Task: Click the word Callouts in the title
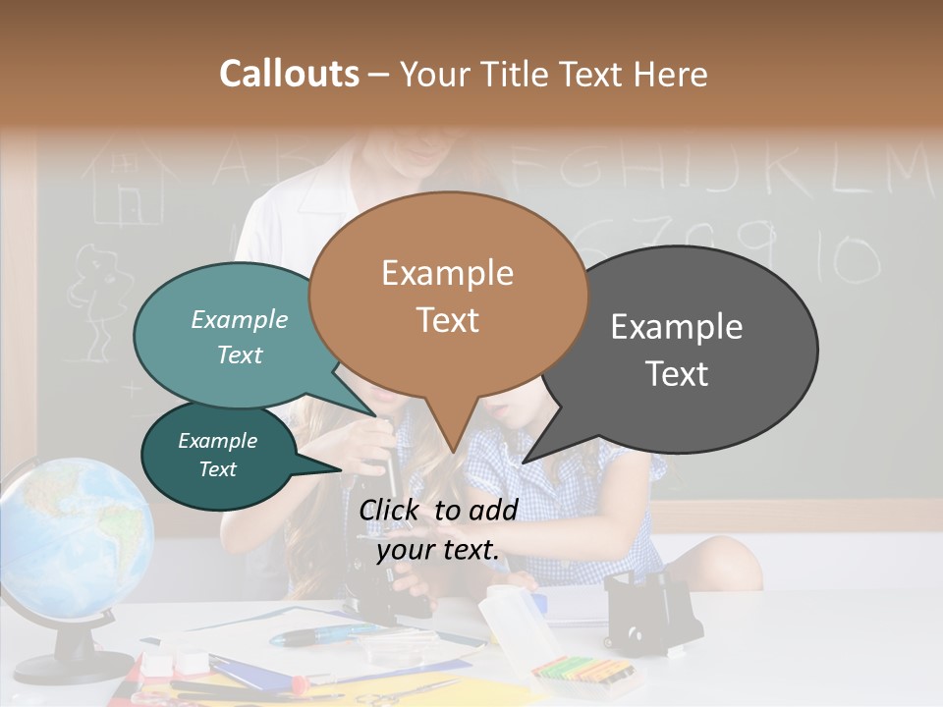pyautogui.click(x=289, y=74)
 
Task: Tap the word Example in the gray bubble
pyautogui.click(x=677, y=326)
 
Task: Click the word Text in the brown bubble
pyautogui.click(x=448, y=320)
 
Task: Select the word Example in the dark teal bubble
pyautogui.click(x=217, y=441)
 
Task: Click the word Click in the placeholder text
pyautogui.click(x=390, y=510)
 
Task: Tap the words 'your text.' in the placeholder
pyautogui.click(x=438, y=550)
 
